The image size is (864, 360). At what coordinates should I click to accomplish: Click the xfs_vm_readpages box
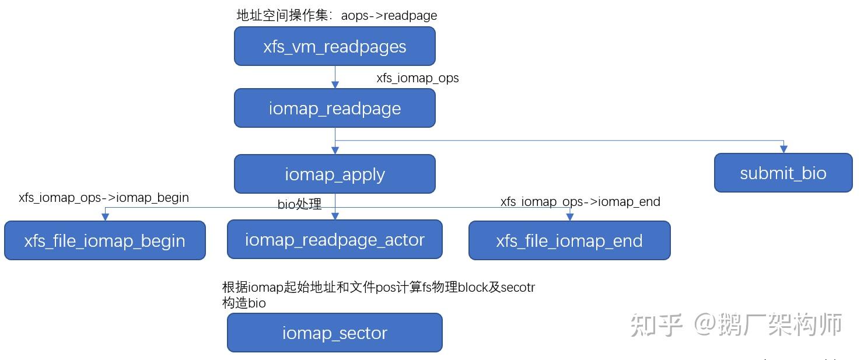pos(334,46)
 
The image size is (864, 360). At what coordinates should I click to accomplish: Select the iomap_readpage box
pos(334,108)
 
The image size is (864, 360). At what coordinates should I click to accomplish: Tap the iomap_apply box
pos(334,174)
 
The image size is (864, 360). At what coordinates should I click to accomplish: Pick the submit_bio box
pos(783,173)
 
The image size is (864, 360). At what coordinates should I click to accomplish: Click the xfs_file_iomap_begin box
pos(104,240)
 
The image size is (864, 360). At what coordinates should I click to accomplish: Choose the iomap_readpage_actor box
pos(334,239)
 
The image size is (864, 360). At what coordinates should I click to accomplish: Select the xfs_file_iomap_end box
pos(569,240)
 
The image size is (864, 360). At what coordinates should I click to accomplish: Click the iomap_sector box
pos(334,333)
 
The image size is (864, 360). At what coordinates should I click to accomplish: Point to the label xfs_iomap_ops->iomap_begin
pos(104,198)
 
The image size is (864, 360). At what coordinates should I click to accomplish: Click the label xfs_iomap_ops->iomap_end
pos(580,202)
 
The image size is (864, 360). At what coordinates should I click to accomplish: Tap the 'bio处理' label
pos(299,204)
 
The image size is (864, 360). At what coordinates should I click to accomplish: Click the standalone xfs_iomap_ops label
pos(417,78)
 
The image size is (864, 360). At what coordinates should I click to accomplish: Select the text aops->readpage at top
pos(389,16)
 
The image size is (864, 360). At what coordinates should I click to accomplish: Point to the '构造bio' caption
pos(244,303)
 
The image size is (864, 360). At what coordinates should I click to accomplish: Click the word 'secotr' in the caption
pos(518,288)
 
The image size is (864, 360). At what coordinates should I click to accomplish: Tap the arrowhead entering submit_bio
pos(783,149)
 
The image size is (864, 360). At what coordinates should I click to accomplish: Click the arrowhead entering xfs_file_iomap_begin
pos(105,217)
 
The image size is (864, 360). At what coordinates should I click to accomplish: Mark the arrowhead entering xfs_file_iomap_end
pos(570,217)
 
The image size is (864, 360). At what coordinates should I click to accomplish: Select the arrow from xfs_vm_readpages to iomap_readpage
pos(335,76)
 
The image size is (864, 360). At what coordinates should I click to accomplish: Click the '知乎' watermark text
pos(656,324)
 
